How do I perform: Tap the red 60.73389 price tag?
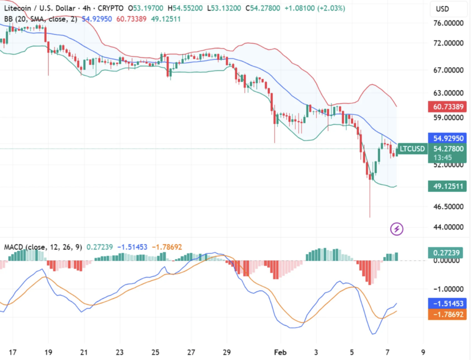click(x=447, y=107)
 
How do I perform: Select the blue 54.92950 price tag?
click(x=447, y=138)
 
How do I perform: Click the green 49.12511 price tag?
click(x=447, y=186)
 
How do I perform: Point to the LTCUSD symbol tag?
click(x=412, y=149)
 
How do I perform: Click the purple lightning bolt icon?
click(x=397, y=228)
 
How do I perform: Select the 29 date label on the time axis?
click(x=226, y=352)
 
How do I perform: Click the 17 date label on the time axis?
click(x=13, y=352)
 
